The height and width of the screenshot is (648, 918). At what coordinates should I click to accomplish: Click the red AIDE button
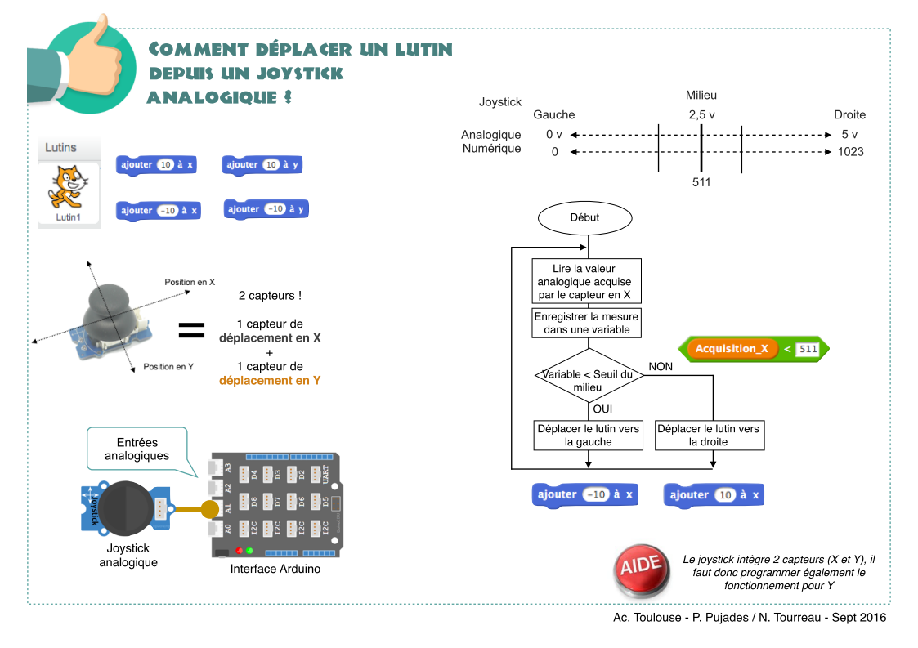641,570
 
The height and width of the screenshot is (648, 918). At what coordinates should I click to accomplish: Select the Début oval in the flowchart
584,217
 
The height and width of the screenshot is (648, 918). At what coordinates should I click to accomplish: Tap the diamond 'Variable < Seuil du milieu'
589,376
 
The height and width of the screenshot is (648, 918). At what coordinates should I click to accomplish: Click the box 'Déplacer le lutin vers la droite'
709,435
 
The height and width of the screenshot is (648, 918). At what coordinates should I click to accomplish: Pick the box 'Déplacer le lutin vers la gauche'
589,435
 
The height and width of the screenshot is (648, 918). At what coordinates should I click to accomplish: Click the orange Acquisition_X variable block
732,349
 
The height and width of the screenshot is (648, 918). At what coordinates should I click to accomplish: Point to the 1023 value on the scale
850,152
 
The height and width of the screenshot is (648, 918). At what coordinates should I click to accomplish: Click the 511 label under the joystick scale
701,183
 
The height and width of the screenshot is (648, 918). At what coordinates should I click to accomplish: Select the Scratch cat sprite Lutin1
69,189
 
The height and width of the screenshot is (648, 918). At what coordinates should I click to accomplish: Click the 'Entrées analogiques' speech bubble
138,449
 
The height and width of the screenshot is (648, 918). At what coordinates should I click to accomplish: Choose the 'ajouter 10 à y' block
262,165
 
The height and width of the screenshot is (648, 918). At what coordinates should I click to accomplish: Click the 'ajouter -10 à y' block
266,209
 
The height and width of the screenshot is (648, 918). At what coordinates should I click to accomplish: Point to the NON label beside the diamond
661,367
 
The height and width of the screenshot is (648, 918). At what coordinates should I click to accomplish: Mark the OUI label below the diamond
602,409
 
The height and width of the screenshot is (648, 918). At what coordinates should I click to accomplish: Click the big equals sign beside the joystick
191,331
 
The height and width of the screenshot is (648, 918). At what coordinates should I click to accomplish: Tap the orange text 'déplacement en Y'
270,381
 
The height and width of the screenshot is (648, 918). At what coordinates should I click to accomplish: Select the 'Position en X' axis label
190,282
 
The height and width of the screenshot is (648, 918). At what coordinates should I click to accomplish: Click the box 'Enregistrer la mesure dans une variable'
587,323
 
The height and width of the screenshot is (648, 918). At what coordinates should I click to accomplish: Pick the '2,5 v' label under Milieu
701,115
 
